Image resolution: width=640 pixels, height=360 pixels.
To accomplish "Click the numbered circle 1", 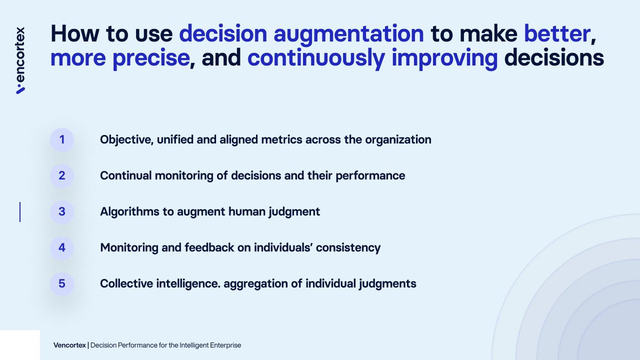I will [62, 140].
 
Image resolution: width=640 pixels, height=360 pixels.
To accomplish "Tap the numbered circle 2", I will [62, 175].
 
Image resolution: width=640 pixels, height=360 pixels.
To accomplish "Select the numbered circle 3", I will [62, 212].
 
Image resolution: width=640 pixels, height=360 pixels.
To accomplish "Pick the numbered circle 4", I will [62, 247].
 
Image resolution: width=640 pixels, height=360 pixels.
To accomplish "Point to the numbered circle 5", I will [62, 284].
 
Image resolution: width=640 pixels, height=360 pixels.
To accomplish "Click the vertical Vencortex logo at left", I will [21, 60].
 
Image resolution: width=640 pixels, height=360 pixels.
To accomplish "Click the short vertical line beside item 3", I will [20, 212].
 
